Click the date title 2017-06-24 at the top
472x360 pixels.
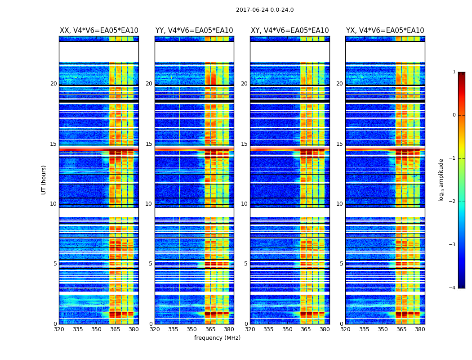[x=265, y=10]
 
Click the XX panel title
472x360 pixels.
[x=99, y=31]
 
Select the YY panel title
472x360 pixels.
[x=194, y=31]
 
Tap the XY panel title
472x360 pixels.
[x=289, y=31]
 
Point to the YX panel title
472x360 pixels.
[x=385, y=31]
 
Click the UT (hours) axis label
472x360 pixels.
[x=44, y=180]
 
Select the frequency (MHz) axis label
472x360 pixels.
[x=217, y=338]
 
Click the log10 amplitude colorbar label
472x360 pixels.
[x=441, y=180]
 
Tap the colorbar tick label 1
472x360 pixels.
[x=454, y=72]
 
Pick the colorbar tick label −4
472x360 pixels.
[x=453, y=288]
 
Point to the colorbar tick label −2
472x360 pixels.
[x=453, y=202]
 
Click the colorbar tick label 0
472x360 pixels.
[x=454, y=115]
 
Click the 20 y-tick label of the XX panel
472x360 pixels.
[x=53, y=84]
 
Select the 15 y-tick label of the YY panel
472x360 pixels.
[x=149, y=144]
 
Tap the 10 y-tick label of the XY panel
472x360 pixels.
[x=244, y=204]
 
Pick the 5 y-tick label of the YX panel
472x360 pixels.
[x=341, y=264]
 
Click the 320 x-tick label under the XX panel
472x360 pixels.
[x=59, y=329]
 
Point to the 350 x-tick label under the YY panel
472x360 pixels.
[x=192, y=329]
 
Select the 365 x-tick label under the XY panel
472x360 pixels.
[x=306, y=329]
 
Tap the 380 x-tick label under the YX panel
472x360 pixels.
[x=420, y=329]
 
